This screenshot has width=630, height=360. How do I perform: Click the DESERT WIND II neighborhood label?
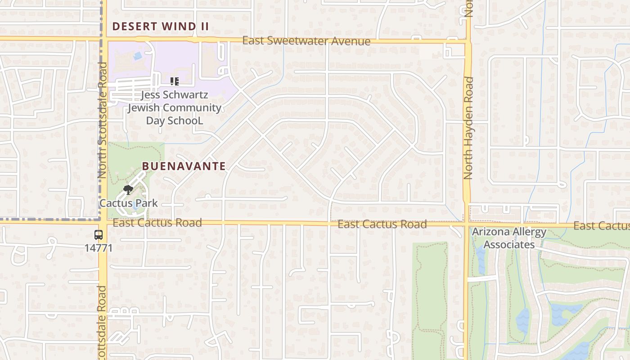[x=160, y=26]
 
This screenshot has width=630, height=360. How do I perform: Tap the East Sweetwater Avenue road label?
[x=306, y=41]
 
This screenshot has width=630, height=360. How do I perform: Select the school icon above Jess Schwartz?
[x=175, y=81]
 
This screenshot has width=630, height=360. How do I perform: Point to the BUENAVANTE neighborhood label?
[x=184, y=166]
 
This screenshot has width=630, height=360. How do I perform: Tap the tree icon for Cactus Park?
[x=128, y=190]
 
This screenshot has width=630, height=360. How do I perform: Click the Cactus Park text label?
[x=129, y=203]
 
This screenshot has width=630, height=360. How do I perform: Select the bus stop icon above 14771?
[x=99, y=235]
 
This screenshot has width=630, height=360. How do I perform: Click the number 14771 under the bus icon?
[x=99, y=247]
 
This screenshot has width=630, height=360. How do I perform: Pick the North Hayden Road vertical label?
[x=468, y=128]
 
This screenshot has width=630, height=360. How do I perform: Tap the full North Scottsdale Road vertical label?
[x=103, y=121]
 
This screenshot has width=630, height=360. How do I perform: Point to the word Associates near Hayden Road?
[x=509, y=245]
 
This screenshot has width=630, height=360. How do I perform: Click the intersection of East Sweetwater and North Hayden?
[x=467, y=42]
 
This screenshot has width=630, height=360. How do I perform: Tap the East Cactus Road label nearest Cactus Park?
[x=157, y=223]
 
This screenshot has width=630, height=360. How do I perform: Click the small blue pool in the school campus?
[x=137, y=56]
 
